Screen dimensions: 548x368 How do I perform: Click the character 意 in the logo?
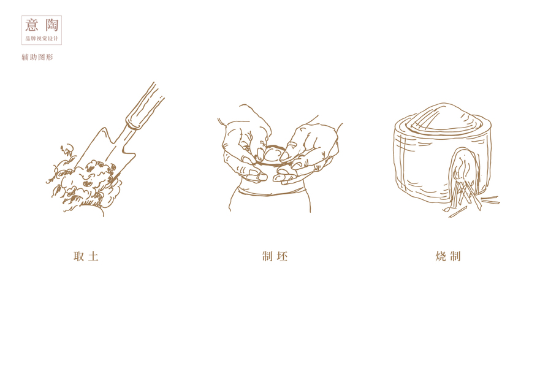[x=32, y=25]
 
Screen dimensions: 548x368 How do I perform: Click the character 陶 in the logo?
[x=51, y=25]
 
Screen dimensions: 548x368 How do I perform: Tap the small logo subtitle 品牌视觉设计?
[x=42, y=39]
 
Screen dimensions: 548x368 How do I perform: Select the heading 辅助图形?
[x=37, y=57]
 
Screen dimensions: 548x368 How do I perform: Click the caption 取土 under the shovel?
[x=86, y=256]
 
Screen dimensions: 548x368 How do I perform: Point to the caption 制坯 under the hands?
[x=275, y=256]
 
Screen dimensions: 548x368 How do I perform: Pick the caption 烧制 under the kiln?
[x=448, y=256]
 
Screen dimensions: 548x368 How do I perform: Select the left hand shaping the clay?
[x=246, y=144]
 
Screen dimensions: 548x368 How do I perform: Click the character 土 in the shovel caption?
[x=93, y=256]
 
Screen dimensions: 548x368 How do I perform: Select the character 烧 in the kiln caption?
[x=441, y=256]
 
